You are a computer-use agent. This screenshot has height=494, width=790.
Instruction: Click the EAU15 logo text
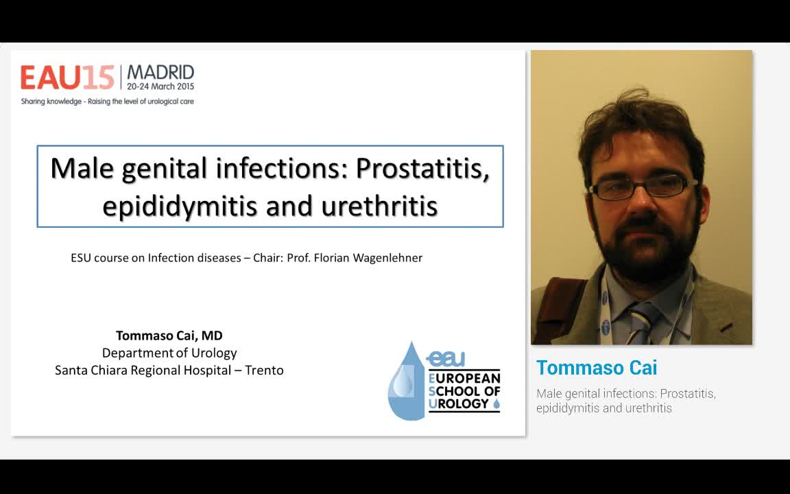pos(67,78)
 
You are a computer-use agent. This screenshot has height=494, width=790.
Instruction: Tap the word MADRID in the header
pos(160,73)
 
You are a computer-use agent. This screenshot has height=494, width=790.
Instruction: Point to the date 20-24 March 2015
pos(160,87)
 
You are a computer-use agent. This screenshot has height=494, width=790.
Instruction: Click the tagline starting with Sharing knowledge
pos(107,102)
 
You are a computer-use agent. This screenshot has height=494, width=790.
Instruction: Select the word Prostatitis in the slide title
pos(422,168)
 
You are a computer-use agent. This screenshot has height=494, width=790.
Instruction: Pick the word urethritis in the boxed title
pos(381,205)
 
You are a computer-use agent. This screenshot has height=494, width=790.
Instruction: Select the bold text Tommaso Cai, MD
pos(169,336)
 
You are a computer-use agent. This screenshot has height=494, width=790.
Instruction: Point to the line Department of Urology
pos(169,353)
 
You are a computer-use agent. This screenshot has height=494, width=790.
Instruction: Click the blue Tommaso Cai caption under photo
pos(597,368)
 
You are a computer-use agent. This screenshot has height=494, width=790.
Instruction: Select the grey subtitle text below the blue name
pos(625,401)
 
